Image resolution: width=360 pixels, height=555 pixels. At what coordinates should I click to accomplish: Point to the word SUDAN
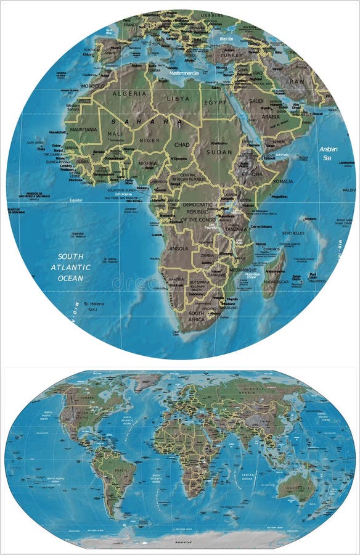pos(219,152)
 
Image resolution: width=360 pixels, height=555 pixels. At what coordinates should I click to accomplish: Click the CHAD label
pos(182,145)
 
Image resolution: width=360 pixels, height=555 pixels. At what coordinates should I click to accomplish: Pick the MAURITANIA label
pos(83,129)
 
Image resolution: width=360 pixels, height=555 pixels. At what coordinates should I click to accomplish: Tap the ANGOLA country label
pos(178,249)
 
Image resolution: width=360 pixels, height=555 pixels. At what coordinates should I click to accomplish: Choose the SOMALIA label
pos(282,181)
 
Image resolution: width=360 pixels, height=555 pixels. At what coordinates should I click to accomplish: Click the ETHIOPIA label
pos(252,175)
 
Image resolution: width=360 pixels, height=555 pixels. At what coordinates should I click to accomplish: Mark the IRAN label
pos(296,81)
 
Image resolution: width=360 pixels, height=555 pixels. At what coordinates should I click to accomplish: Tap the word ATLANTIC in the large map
pos(70,267)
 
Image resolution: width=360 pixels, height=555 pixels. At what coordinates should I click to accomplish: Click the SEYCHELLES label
pos(293,233)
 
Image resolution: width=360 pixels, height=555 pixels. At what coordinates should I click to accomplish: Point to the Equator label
pos(76,200)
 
